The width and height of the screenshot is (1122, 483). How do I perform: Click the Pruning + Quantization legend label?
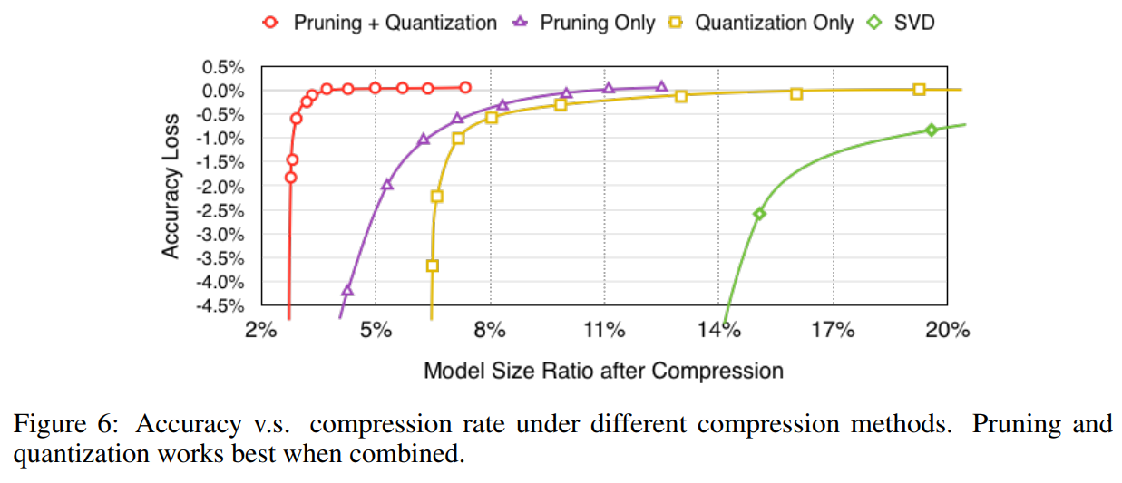click(395, 23)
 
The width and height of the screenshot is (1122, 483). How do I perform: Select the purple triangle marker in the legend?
click(521, 22)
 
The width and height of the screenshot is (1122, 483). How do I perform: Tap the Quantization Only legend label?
click(774, 23)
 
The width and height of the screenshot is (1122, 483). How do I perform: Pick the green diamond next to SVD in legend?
click(874, 23)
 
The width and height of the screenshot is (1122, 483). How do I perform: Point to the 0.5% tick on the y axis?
click(223, 67)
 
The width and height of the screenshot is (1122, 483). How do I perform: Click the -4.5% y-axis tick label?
click(220, 305)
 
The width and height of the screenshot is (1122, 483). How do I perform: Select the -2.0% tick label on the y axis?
click(220, 188)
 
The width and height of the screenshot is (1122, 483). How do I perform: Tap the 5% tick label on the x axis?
click(376, 331)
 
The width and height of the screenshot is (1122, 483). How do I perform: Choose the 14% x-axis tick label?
click(718, 331)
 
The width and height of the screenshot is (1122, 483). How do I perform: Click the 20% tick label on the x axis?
click(947, 331)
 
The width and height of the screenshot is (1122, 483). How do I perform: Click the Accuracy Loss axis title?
click(171, 186)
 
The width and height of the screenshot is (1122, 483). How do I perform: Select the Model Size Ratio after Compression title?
click(603, 371)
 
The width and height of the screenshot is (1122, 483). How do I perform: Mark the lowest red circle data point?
click(290, 178)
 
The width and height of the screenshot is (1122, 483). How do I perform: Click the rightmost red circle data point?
click(465, 88)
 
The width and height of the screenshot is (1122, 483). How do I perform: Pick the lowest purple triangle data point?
click(347, 290)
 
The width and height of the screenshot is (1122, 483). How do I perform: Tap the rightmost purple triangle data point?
click(661, 87)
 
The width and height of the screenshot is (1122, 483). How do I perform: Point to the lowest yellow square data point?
click(433, 266)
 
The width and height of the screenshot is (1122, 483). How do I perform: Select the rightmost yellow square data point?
click(919, 90)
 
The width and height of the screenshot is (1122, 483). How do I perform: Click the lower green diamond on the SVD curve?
click(759, 214)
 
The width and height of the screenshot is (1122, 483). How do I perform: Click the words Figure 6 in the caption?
click(65, 423)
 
